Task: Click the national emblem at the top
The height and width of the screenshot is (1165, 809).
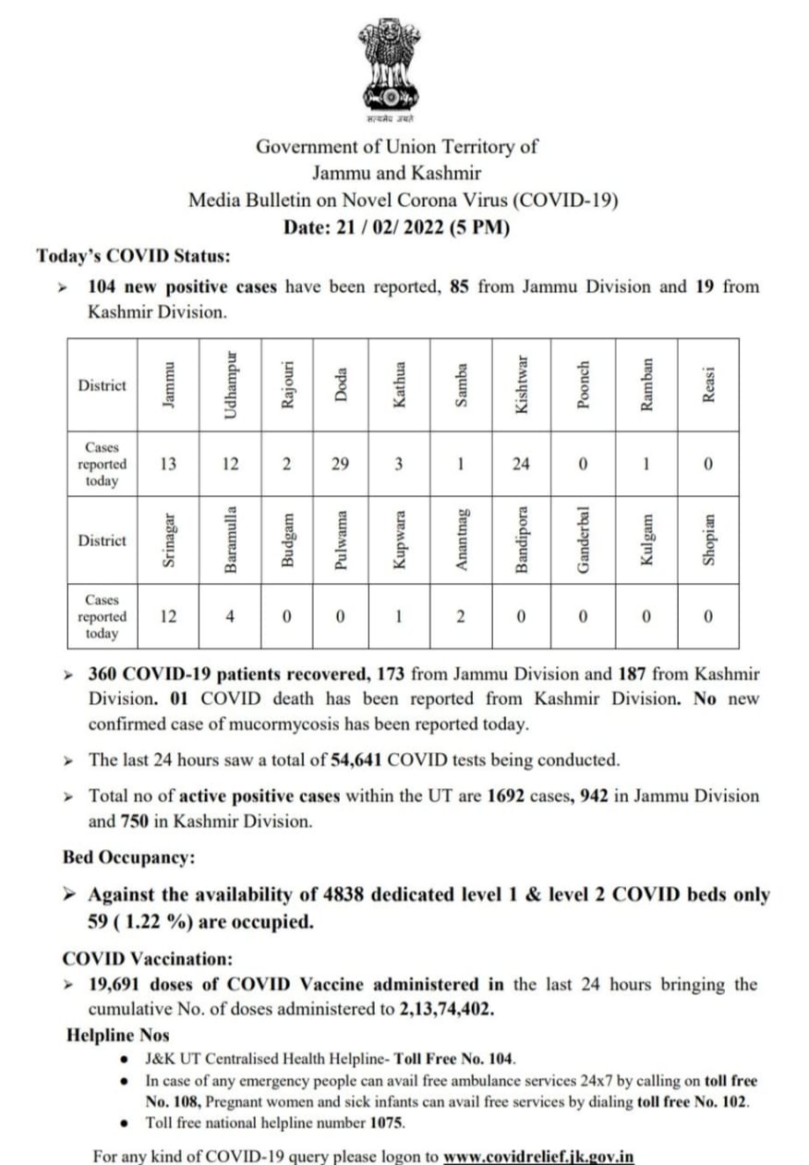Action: (x=389, y=65)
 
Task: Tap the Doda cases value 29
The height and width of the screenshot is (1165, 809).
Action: (x=341, y=464)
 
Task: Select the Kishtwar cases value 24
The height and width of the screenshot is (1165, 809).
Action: (x=521, y=464)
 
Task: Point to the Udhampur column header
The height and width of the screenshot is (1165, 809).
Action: (x=232, y=384)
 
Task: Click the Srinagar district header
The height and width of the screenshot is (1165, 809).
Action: (x=169, y=540)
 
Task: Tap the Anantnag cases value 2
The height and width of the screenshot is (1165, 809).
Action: (x=460, y=616)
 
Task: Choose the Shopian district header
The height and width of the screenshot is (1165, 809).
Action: (x=708, y=540)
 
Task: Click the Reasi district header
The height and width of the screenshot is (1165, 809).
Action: (x=708, y=384)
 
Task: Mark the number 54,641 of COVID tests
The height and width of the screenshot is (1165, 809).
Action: (x=356, y=760)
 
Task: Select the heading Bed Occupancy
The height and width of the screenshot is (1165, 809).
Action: (x=128, y=857)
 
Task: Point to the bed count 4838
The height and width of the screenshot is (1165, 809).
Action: (x=346, y=894)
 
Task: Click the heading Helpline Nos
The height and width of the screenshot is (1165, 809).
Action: (x=118, y=1036)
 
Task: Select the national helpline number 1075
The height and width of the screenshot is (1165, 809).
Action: (x=387, y=1123)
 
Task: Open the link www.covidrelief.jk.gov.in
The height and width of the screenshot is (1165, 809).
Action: (x=538, y=1156)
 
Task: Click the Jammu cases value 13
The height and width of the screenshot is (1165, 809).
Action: (x=169, y=464)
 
